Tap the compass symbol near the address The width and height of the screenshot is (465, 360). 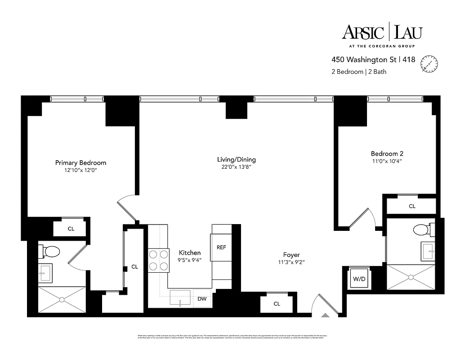(x=429, y=63)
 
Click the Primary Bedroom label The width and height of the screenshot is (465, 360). (x=80, y=162)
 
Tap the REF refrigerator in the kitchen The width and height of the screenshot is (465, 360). (x=221, y=247)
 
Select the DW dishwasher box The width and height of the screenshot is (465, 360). (x=202, y=298)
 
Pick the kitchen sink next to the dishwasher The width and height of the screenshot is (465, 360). (x=179, y=298)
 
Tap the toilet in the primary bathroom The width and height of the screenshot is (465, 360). (x=50, y=251)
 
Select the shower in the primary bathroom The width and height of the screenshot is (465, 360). (x=62, y=300)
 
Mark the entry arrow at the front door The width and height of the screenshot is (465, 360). (x=325, y=315)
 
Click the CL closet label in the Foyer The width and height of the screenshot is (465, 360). (x=277, y=304)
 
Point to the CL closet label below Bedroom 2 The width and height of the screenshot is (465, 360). (x=412, y=206)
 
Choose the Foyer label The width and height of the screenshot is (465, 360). (x=291, y=255)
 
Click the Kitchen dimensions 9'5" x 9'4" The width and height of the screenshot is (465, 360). (x=189, y=260)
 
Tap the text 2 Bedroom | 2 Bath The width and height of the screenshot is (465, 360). (x=359, y=71)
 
